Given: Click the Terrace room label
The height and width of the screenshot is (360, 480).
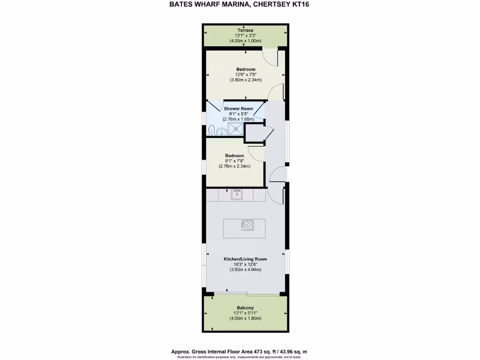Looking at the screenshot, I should click(x=245, y=30).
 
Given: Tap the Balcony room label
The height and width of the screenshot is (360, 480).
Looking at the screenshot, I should click(x=245, y=308).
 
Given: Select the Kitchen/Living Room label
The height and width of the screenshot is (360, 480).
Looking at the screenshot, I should click(x=245, y=259).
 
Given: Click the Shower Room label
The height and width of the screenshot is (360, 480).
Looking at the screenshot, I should click(x=242, y=109).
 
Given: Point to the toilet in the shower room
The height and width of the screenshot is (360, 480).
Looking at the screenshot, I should click(x=212, y=129).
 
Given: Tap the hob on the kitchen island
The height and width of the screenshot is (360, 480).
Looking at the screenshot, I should click(x=247, y=225).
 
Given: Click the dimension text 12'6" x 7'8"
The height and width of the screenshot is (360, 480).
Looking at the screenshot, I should click(x=245, y=75).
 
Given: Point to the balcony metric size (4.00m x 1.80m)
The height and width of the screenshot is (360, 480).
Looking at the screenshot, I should click(x=245, y=319).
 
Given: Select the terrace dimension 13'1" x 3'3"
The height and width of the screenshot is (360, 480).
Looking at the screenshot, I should click(x=245, y=36).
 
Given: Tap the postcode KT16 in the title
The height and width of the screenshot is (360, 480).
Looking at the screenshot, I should click(x=300, y=5).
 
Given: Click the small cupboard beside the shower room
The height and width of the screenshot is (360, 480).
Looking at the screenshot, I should click(x=254, y=134).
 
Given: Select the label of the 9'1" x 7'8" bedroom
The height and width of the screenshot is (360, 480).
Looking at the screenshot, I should click(x=234, y=156).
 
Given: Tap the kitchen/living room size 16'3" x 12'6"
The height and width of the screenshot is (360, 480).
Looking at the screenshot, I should click(x=245, y=264).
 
